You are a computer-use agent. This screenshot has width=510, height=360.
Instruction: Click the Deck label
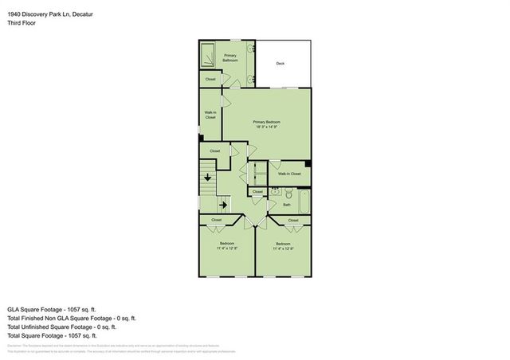(x=280, y=64)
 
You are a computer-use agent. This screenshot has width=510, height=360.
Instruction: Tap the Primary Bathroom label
(x=231, y=57)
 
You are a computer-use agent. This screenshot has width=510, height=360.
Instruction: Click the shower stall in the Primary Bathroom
(x=207, y=55)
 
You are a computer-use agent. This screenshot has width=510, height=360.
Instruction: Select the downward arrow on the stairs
(x=208, y=177)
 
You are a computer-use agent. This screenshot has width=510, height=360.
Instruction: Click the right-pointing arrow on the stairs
(x=224, y=205)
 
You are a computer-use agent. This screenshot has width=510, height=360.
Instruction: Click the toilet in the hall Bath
(x=274, y=193)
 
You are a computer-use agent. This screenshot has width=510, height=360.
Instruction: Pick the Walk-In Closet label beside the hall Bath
(x=288, y=173)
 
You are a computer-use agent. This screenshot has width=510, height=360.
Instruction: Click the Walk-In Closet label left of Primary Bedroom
(x=210, y=115)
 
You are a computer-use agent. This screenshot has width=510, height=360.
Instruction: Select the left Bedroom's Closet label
(x=217, y=220)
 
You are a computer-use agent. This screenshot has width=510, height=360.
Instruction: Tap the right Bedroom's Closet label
(x=293, y=220)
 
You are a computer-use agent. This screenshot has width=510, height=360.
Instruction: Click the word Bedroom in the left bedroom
(x=226, y=244)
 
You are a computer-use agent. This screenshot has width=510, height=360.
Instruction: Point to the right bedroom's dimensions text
(x=283, y=248)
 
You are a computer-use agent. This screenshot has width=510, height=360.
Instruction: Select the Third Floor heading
(x=22, y=23)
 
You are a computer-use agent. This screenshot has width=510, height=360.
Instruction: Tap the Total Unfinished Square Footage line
(x=61, y=327)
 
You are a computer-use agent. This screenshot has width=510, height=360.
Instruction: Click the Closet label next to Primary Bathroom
(x=210, y=79)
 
